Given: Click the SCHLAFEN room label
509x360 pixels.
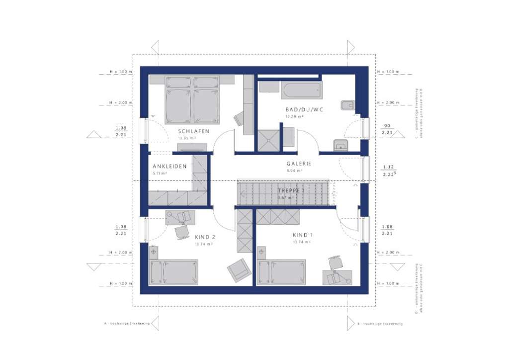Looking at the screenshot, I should pyautogui.click(x=193, y=131).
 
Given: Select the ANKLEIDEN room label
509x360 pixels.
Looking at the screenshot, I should pyautogui.click(x=170, y=167).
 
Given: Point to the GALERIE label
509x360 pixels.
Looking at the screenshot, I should pyautogui.click(x=299, y=164).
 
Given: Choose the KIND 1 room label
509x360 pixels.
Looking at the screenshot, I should pyautogui.click(x=302, y=235).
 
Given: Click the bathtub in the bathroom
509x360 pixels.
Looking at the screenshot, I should pyautogui.click(x=302, y=90).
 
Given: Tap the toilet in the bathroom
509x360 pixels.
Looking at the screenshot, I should pyautogui.click(x=347, y=105).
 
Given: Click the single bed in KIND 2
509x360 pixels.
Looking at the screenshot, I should pyautogui.click(x=174, y=272).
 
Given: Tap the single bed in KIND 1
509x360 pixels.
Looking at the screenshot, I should pyautogui.click(x=282, y=272).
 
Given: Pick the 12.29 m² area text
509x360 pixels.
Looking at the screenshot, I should pyautogui.click(x=294, y=117).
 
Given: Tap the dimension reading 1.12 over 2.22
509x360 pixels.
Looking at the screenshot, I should pyautogui.click(x=389, y=171).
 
